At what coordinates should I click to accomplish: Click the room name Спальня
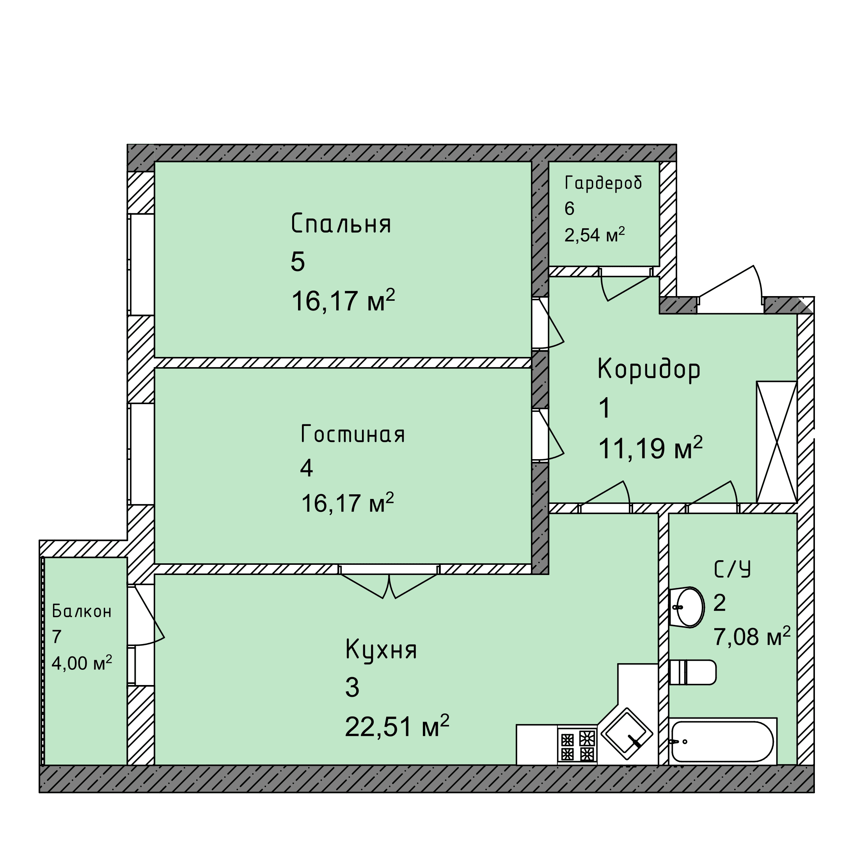pos(341,224)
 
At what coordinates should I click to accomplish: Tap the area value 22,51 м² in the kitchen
pos(397,727)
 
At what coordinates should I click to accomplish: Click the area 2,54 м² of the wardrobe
pos(595,234)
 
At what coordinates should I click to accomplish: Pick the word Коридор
pos(649,370)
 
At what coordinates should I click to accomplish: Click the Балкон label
pos(82,611)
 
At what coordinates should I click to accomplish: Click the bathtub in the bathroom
pos(723,741)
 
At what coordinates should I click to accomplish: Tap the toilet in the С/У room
pos(692,672)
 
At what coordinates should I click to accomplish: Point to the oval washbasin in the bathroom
pos(687,607)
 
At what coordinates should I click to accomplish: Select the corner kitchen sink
pos(627,734)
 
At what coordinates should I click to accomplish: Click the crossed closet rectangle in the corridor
pos(777,442)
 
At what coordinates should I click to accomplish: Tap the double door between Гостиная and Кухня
pos(389,581)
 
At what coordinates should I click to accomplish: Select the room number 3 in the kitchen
pos(352,687)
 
